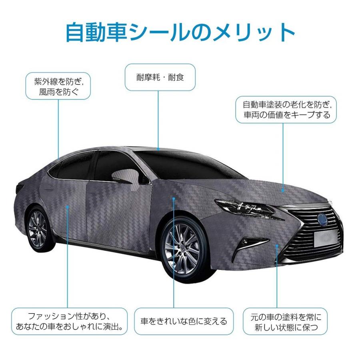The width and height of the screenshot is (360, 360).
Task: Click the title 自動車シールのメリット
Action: pyautogui.click(x=180, y=33)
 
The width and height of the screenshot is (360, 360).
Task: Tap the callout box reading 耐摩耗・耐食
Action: pyautogui.click(x=160, y=77)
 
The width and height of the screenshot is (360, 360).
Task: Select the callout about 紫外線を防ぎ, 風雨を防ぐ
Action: pyautogui.click(x=58, y=86)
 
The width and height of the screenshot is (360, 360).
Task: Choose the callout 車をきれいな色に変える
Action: pyautogui.click(x=184, y=321)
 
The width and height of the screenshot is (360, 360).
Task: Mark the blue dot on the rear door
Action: pyautogui.click(x=68, y=207)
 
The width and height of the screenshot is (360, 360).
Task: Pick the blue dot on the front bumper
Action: pyautogui.click(x=276, y=247)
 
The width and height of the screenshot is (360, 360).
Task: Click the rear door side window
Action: pyautogui.click(x=74, y=164)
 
